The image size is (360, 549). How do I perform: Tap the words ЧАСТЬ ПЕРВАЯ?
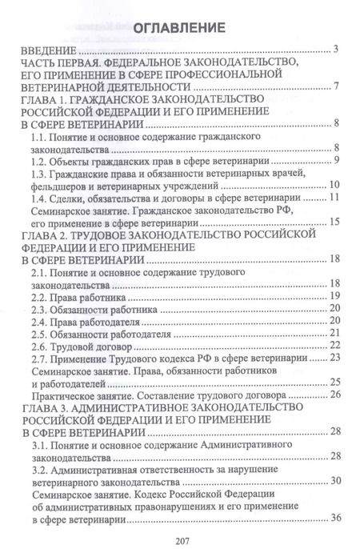(56, 63)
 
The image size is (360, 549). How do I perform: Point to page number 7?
(338, 86)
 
